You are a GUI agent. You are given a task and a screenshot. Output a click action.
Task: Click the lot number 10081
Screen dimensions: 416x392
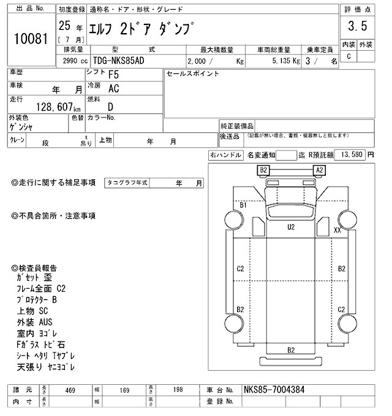click(x=30, y=39)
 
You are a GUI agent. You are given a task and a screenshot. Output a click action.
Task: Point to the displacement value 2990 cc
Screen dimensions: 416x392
click(x=74, y=61)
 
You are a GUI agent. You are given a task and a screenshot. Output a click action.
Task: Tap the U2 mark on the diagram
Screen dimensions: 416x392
click(x=292, y=227)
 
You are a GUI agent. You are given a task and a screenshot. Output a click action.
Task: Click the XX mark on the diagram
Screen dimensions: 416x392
click(x=337, y=230)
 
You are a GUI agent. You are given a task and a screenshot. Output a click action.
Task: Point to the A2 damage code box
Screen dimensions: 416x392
click(x=319, y=169)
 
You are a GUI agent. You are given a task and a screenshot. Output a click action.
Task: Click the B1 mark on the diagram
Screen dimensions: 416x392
click(x=243, y=206)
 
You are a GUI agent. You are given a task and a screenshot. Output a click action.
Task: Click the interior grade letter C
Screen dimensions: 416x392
click(x=349, y=56)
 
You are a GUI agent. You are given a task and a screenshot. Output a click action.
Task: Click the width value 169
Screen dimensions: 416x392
click(x=124, y=390)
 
